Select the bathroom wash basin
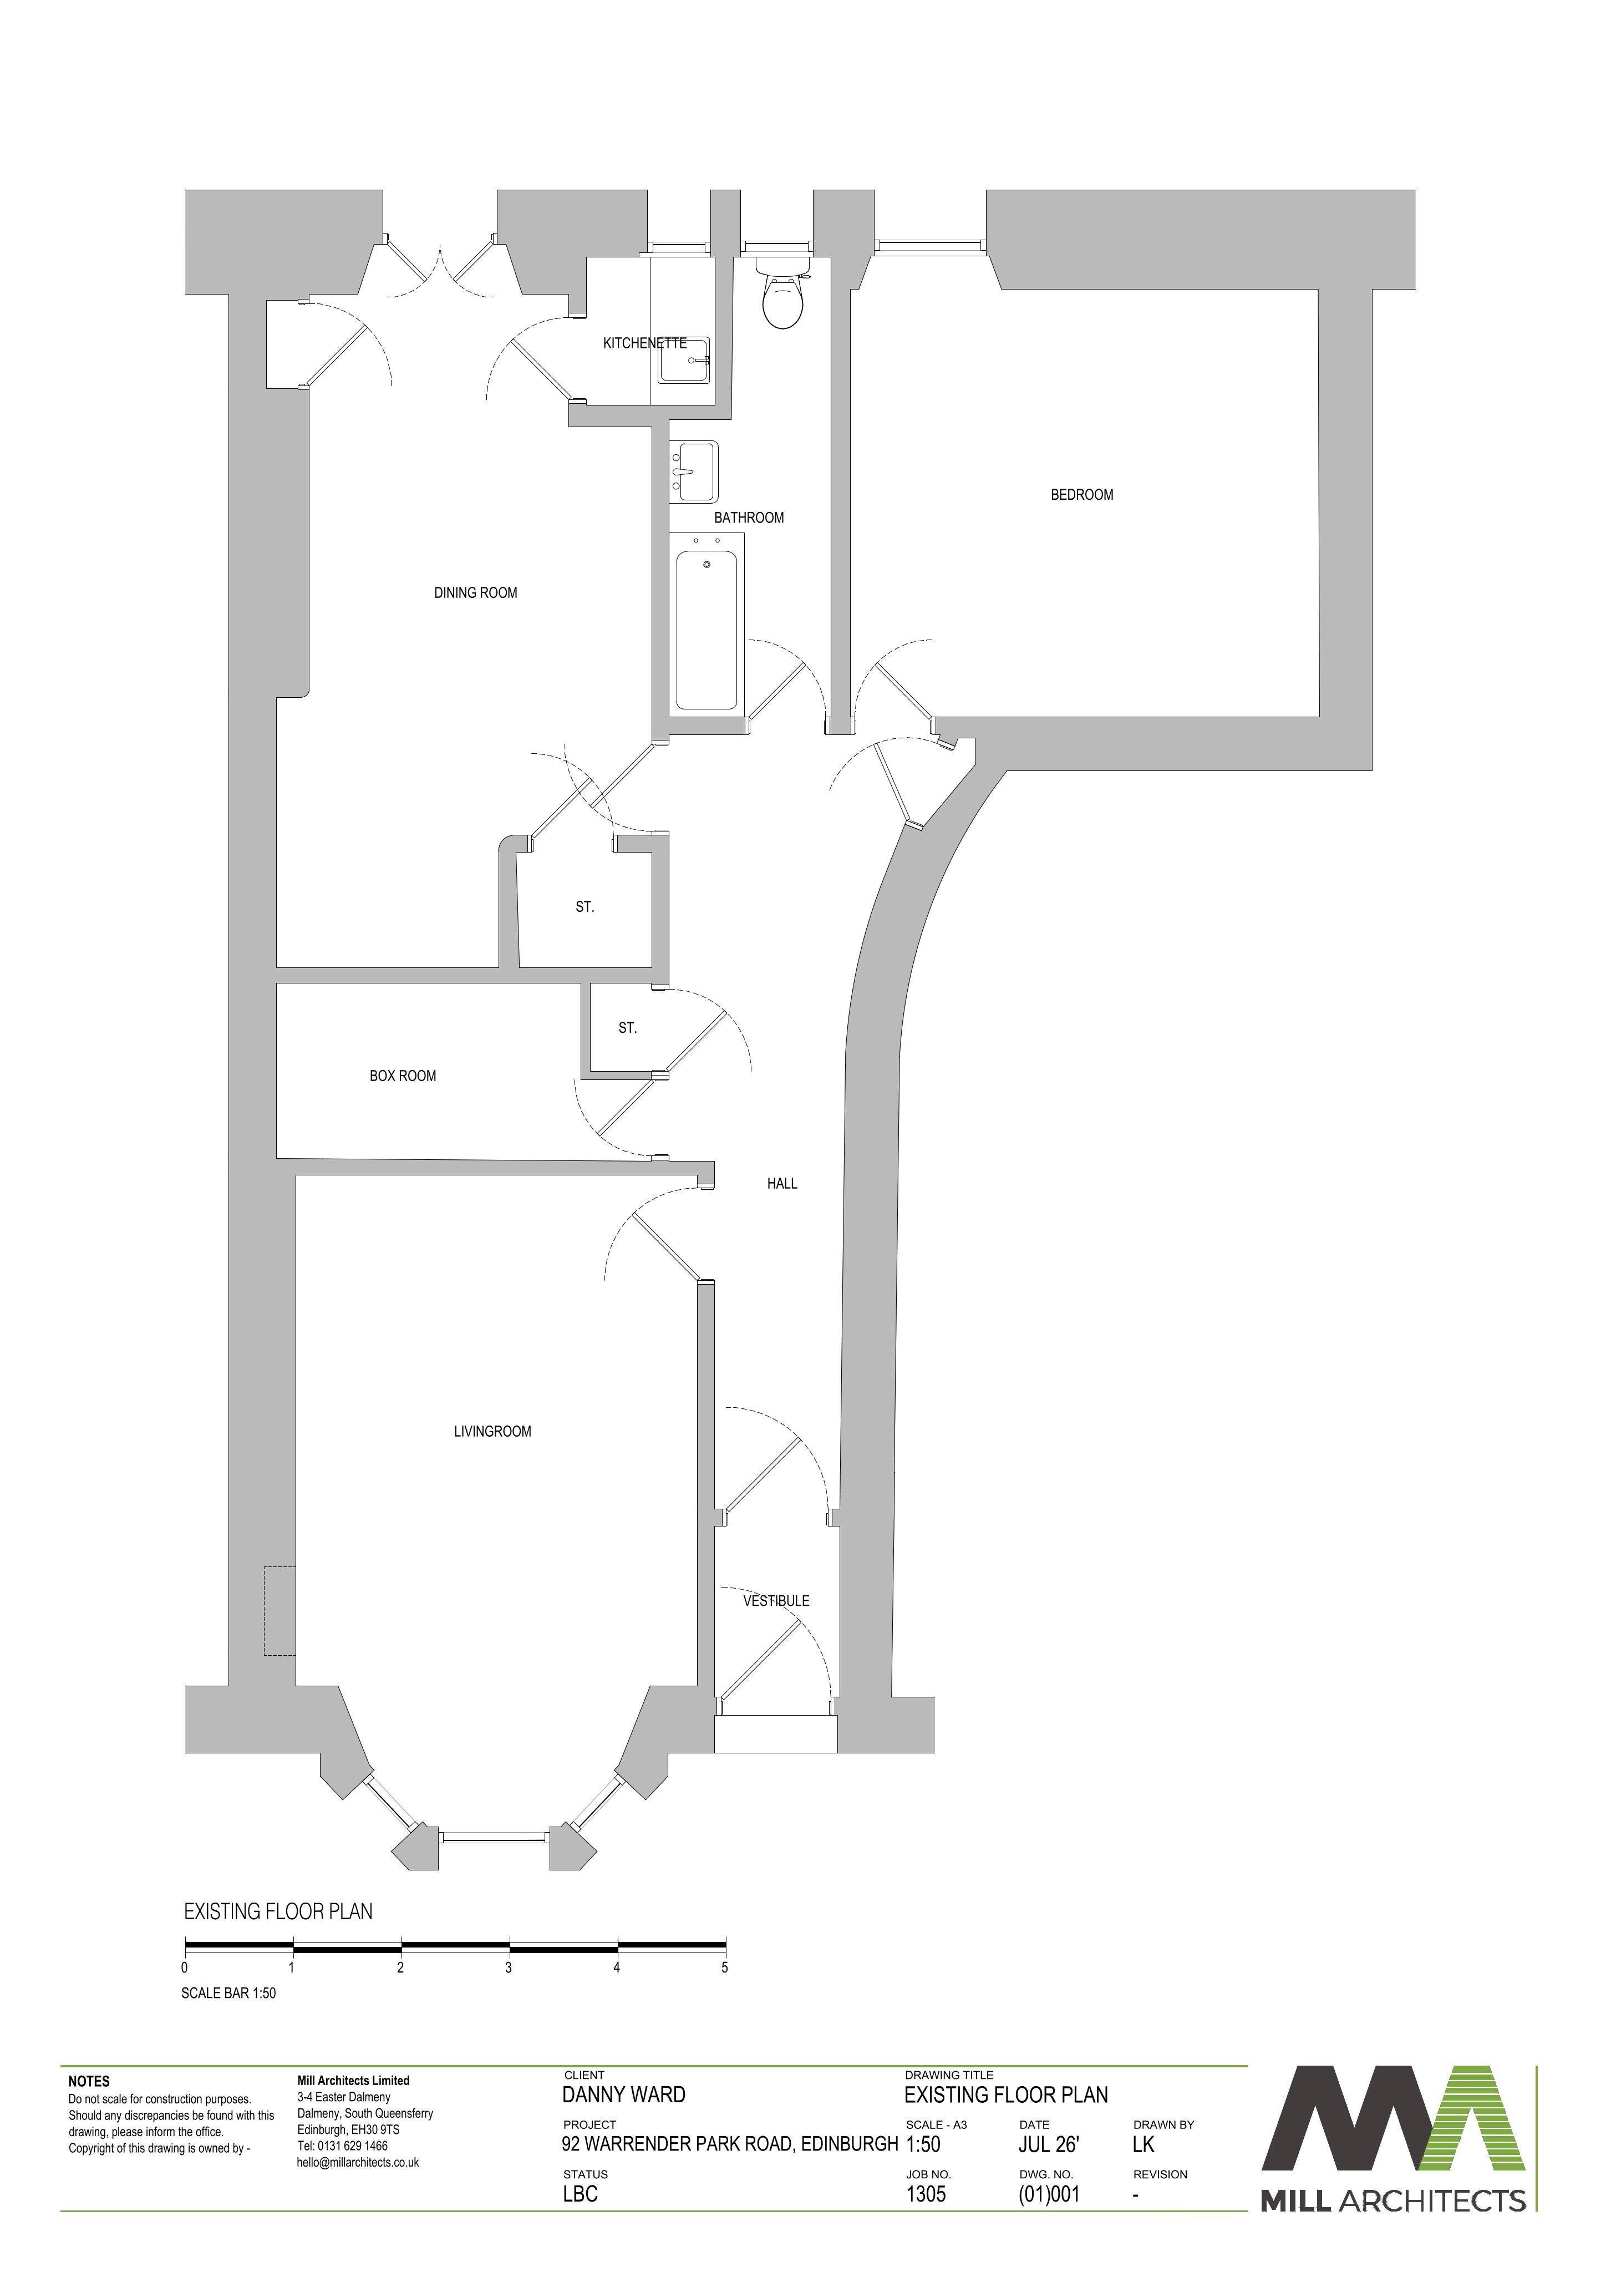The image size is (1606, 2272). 695,472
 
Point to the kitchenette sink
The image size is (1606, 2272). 685,360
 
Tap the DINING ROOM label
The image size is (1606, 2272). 476,593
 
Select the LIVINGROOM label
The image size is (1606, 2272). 493,1431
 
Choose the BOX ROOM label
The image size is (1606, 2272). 403,1076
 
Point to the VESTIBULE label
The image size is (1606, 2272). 777,1600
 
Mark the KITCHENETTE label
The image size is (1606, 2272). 645,343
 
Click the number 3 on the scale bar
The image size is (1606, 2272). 509,1967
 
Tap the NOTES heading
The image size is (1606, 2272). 89,2081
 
